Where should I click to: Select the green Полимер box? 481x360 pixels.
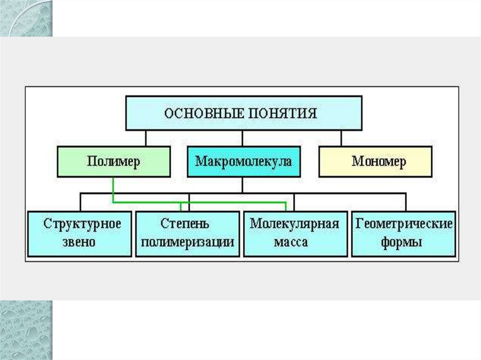pyautogui.click(x=114, y=161)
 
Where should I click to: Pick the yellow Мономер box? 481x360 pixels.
pyautogui.click(x=375, y=161)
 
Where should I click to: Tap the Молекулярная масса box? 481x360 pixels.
pyautogui.click(x=295, y=234)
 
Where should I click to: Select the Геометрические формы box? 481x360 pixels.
pyautogui.click(x=403, y=234)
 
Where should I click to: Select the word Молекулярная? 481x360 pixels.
pyautogui.click(x=295, y=223)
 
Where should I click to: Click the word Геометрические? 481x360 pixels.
pyautogui.click(x=403, y=223)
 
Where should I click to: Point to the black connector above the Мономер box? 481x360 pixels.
pyautogui.click(x=341, y=138)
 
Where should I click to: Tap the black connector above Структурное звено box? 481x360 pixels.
pyautogui.click(x=80, y=202)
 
